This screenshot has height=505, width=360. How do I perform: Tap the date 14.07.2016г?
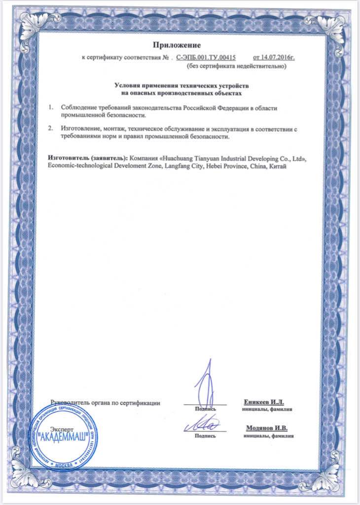coord(273,58)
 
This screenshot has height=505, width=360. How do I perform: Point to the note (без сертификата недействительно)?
coord(236,66)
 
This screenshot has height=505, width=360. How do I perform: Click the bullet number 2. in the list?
coord(50,129)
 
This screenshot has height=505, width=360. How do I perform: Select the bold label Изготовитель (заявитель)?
coord(87,158)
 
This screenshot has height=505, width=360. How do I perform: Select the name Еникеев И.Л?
coord(264,401)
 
